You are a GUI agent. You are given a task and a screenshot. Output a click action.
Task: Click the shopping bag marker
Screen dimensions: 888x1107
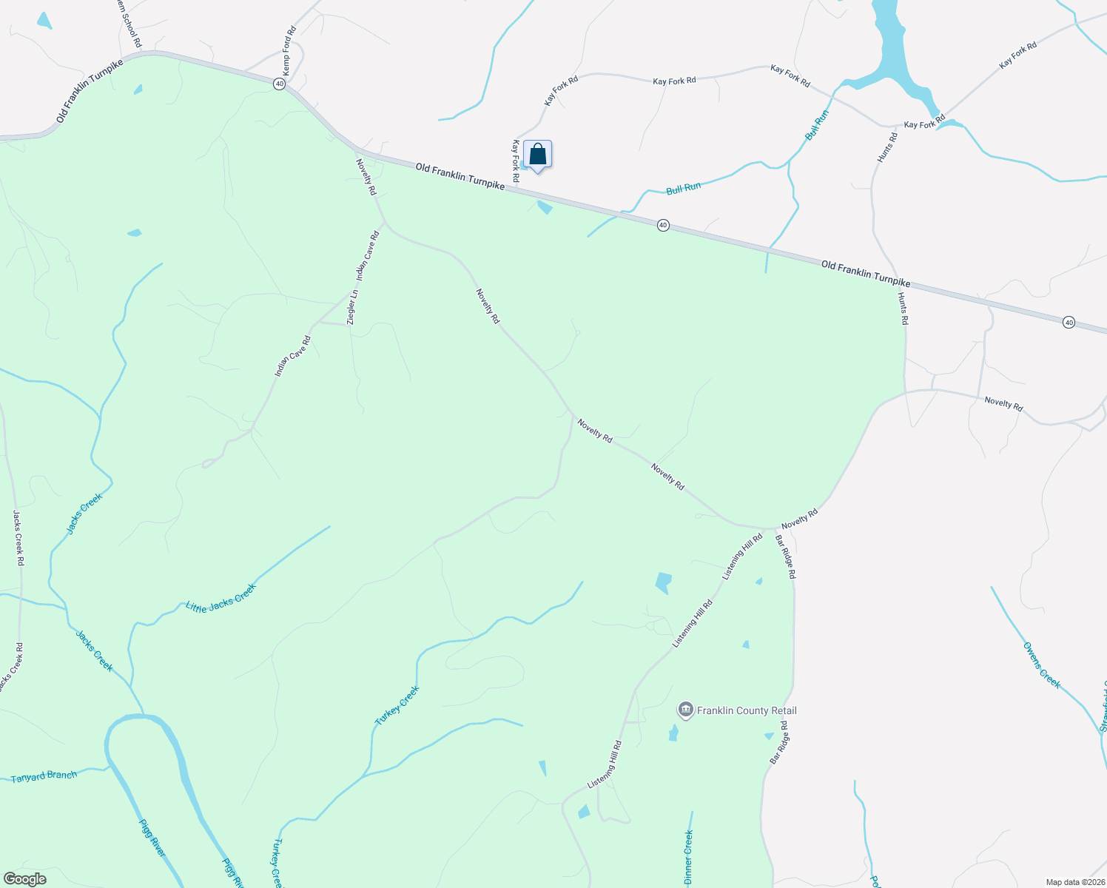pos(537,155)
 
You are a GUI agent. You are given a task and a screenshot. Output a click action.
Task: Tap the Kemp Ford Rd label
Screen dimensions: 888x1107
pos(289,51)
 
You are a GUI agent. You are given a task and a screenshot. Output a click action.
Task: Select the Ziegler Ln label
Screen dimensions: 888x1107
pos(353,306)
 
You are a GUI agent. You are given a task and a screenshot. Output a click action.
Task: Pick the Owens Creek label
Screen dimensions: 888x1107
pos(1042,665)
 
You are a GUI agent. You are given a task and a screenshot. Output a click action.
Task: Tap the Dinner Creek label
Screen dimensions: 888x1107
pos(688,857)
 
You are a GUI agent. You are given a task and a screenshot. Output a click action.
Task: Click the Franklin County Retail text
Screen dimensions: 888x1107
pos(747,710)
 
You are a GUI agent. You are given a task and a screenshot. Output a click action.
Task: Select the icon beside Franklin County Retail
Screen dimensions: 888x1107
pos(685,710)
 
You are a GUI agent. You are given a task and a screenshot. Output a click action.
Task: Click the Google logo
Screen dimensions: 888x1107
pos(24,879)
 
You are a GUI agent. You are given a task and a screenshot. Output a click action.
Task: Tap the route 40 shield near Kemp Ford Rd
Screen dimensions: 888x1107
pos(279,84)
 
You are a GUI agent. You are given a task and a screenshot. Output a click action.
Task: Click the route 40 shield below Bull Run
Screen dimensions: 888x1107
pos(664,225)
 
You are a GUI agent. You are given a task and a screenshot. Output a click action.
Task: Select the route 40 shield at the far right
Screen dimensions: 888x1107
pos(1069,323)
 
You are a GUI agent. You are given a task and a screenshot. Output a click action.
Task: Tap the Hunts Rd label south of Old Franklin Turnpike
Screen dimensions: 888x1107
pos(903,309)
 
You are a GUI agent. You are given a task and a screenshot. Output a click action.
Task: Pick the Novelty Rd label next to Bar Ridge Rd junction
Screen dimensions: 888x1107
pos(799,518)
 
